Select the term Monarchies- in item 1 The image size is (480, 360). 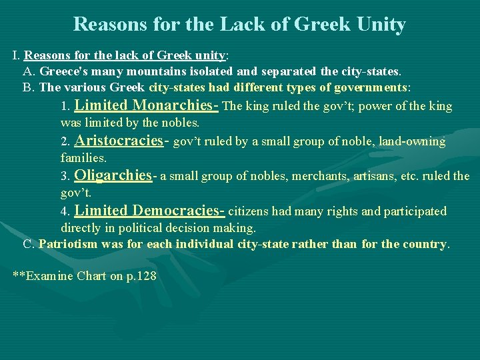point(176,105)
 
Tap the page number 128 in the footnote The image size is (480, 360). point(145,275)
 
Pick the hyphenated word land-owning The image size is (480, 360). point(411,141)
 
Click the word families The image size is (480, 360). point(83,158)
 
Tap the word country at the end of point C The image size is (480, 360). point(424,244)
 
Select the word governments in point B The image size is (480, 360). point(369,88)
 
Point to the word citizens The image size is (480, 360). point(249,212)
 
